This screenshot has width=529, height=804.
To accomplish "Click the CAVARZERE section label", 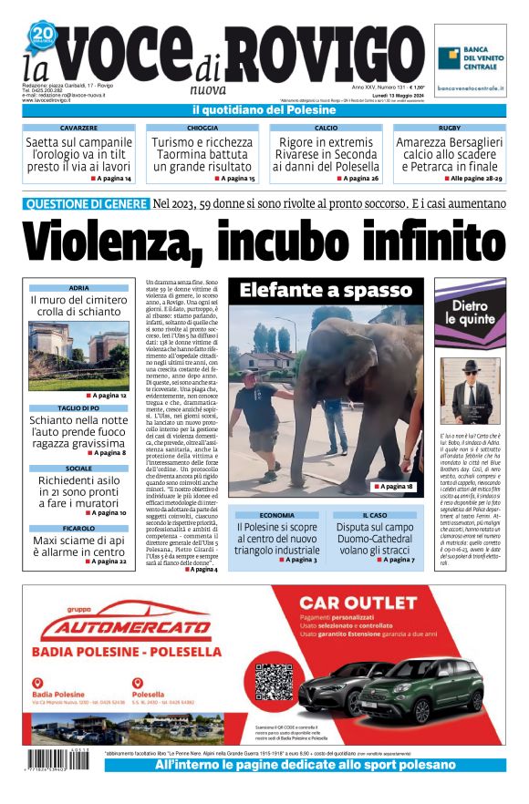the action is point(79,129).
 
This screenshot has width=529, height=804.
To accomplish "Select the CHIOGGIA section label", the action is point(202,129).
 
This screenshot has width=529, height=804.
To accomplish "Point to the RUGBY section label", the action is point(449,129).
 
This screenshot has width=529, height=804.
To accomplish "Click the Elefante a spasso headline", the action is point(326,291).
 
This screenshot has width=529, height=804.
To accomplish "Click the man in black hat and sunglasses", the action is point(471,392).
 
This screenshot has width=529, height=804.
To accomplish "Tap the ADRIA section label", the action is point(78,287).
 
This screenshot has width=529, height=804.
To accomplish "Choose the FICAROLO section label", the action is point(78,528).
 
